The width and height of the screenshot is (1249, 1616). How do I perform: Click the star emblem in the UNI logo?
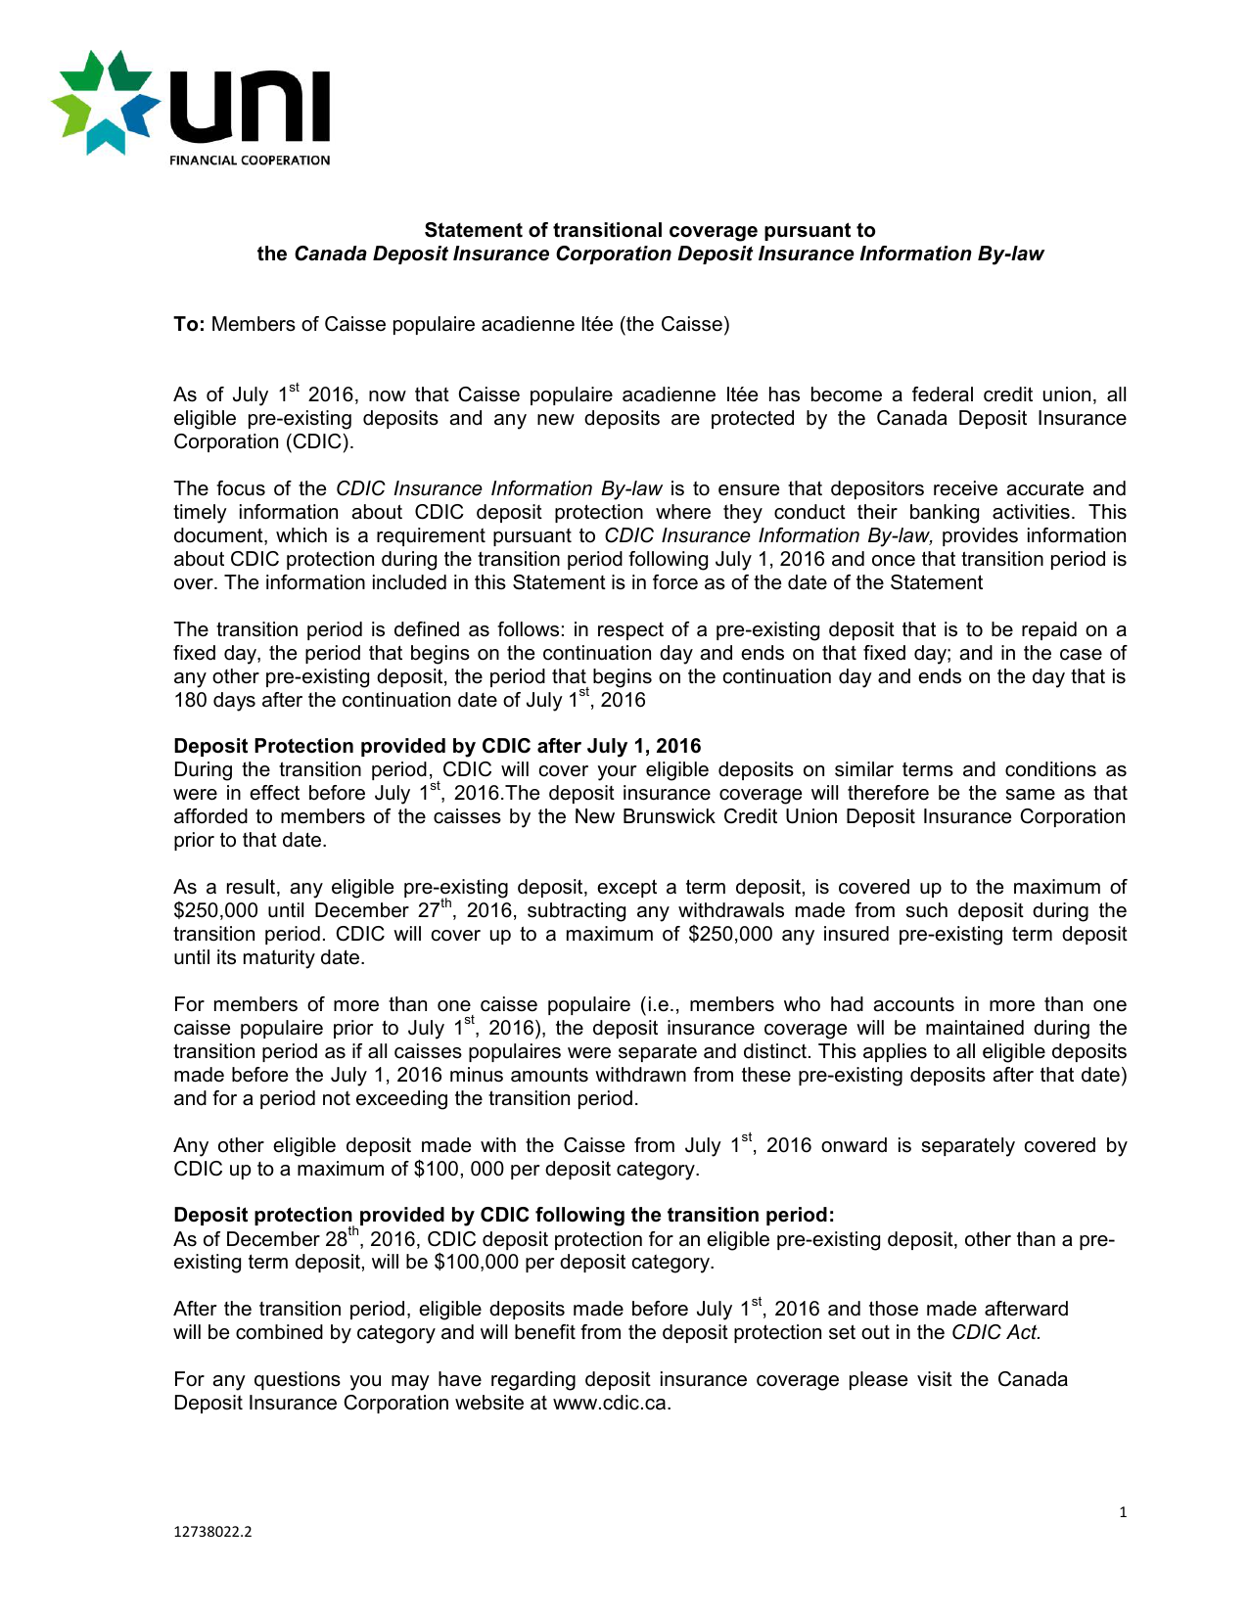tap(105, 102)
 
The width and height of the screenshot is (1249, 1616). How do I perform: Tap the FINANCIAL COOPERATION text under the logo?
tap(250, 161)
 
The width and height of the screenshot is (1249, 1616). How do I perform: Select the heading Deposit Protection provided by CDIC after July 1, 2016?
tap(437, 746)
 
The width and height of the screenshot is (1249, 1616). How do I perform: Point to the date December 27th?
tap(386, 910)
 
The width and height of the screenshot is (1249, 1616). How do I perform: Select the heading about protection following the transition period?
tap(503, 1215)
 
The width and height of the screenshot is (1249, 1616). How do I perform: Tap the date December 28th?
tap(293, 1239)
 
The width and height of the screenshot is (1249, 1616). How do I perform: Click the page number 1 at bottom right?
tap(1123, 1512)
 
